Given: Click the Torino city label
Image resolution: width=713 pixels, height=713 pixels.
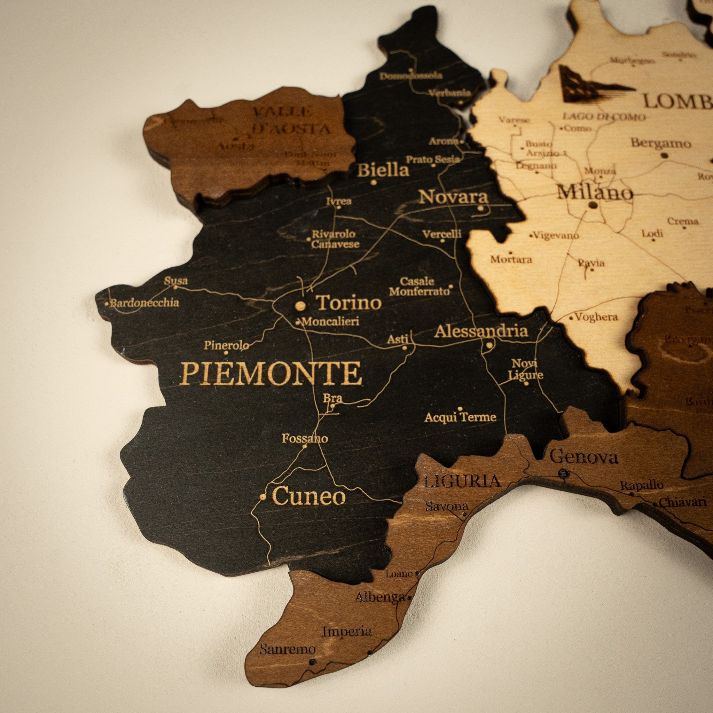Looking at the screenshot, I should pyautogui.click(x=349, y=303).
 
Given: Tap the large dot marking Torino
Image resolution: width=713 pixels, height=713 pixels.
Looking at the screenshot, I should pyautogui.click(x=300, y=306).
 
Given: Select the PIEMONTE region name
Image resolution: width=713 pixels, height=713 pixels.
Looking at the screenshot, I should pyautogui.click(x=271, y=374).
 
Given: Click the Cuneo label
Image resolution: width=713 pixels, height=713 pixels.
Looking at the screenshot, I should pyautogui.click(x=309, y=496).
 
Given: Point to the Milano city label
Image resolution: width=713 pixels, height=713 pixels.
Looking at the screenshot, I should pyautogui.click(x=595, y=193).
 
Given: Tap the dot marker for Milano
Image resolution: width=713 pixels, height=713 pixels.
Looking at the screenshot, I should pyautogui.click(x=593, y=205).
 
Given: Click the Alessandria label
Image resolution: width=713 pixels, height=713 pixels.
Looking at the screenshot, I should pyautogui.click(x=481, y=331).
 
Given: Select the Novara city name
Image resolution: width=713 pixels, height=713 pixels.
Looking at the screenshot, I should pyautogui.click(x=454, y=197).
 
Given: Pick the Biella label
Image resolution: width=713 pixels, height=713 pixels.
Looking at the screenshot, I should pyautogui.click(x=383, y=171).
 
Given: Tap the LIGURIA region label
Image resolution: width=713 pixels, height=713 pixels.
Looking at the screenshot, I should pyautogui.click(x=462, y=481).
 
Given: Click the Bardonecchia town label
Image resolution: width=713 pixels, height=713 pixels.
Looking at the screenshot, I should pyautogui.click(x=144, y=303).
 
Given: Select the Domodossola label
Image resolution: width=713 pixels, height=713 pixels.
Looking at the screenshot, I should pyautogui.click(x=411, y=76).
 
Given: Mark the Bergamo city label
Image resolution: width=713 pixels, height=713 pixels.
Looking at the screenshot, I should pyautogui.click(x=660, y=143).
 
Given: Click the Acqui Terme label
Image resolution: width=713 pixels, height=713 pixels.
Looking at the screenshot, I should pyautogui.click(x=460, y=417).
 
